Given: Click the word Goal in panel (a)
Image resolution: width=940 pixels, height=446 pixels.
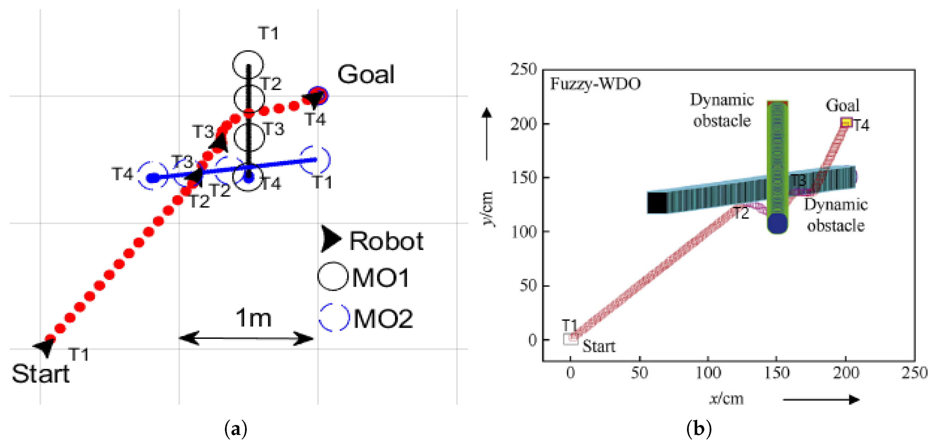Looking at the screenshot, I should [x=366, y=75].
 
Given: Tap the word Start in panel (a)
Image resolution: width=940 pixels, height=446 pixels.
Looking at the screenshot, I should [x=40, y=374].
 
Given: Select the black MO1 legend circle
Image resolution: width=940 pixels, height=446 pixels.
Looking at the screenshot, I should [x=332, y=277].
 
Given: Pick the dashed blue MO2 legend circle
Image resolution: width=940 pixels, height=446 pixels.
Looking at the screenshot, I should [x=334, y=317].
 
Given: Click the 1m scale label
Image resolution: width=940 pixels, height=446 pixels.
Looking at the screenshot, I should [x=254, y=318].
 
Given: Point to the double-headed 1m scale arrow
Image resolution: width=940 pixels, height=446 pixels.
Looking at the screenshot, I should [x=246, y=338].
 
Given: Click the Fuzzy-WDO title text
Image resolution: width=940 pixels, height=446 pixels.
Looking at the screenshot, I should [x=595, y=84].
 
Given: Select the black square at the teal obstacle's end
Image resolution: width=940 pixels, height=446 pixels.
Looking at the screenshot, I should [x=657, y=202].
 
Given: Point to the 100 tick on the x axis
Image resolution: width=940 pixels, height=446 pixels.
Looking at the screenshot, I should [x=708, y=373].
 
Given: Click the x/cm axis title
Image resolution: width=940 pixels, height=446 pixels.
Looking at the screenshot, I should [x=726, y=398].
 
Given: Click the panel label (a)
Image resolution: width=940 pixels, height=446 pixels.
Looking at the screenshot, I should [x=236, y=429].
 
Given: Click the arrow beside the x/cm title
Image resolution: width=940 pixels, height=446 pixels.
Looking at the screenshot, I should [x=821, y=400].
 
